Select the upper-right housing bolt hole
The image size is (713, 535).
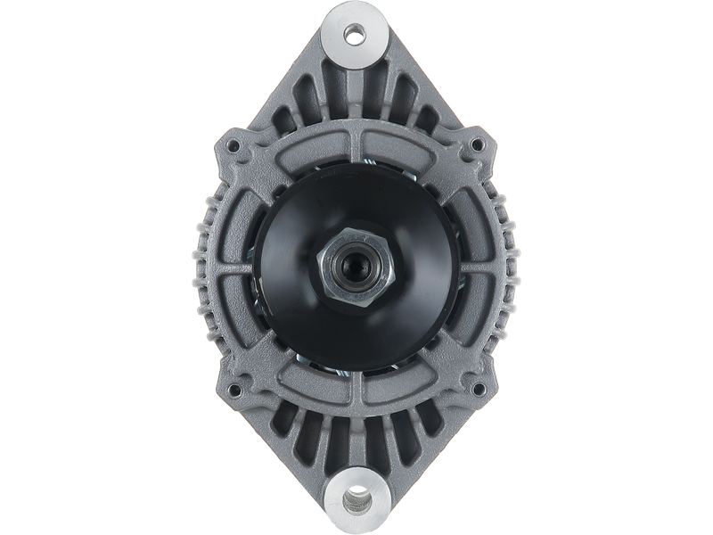click(479, 142)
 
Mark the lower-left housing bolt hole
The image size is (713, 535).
click(235, 390)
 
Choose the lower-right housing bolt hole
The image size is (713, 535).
click(479, 390)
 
